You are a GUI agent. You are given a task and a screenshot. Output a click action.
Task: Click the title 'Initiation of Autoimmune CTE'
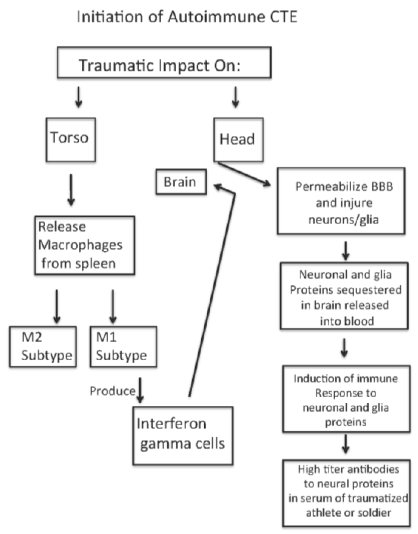[187, 17]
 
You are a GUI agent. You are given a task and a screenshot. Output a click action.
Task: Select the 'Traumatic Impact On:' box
[164, 62]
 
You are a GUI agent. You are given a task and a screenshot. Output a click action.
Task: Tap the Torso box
[71, 139]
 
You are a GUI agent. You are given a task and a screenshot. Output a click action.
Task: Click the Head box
[238, 139]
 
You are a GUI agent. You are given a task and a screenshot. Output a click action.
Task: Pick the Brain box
[181, 182]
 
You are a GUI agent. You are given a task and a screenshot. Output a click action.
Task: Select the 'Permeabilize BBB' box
[341, 201]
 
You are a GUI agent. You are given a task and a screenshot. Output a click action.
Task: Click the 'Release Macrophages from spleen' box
[85, 245]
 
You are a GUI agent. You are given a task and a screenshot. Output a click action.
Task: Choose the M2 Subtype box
[43, 347]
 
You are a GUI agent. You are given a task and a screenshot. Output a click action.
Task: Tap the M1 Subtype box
[123, 347]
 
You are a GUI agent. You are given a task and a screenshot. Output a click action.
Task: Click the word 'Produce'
[112, 391]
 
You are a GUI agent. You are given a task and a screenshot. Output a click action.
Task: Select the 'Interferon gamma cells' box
[183, 436]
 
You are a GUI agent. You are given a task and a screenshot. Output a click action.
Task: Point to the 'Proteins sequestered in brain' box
[344, 296]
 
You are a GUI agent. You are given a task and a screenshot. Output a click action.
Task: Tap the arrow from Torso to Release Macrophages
[71, 190]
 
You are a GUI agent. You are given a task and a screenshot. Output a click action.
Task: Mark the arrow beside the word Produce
[140, 390]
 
